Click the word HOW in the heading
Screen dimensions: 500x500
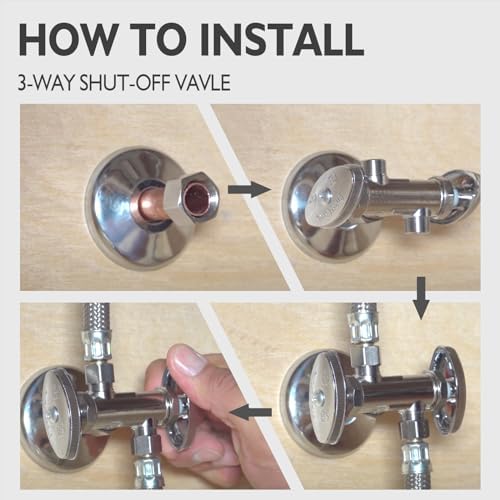click(68, 39)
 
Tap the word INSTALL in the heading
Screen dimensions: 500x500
click(282, 39)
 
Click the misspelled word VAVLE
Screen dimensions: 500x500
click(203, 83)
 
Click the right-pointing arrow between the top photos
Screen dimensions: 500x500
click(249, 190)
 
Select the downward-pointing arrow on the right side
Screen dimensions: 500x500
click(421, 298)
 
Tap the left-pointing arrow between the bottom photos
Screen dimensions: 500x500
click(251, 412)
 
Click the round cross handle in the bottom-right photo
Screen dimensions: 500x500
click(447, 391)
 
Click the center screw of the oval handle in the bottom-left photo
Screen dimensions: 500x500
click(54, 414)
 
